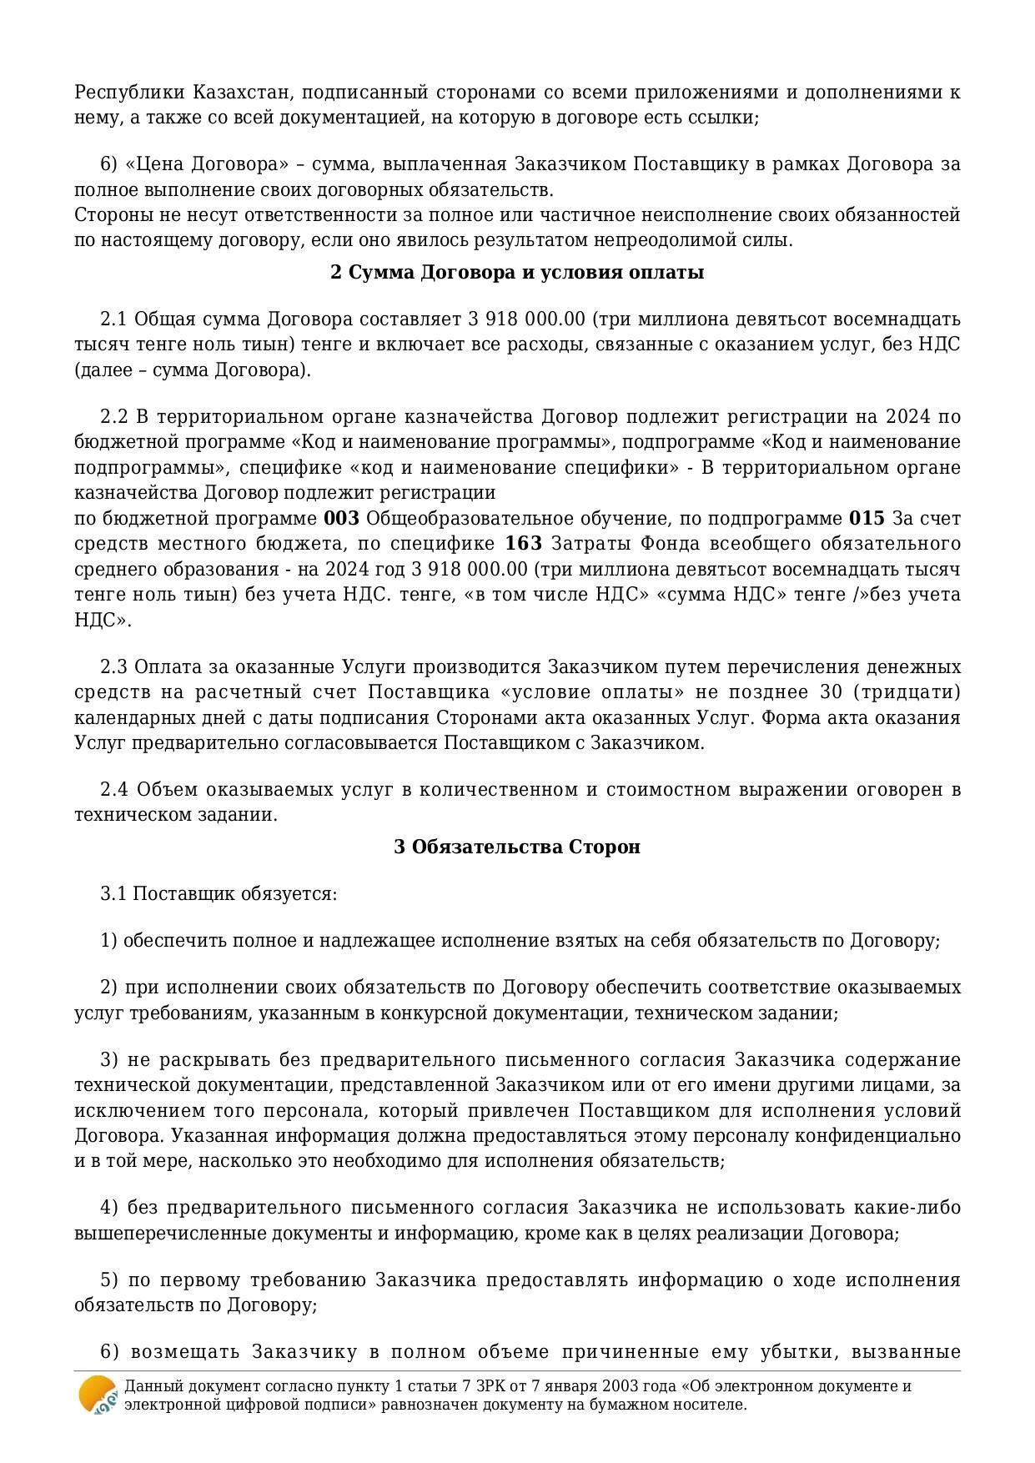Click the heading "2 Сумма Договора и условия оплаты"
[517, 273]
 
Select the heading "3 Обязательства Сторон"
[517, 847]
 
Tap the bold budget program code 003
[342, 519]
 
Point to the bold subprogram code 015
[867, 519]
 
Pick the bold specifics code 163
[524, 544]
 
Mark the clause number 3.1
[113, 894]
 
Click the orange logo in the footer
[98, 1395]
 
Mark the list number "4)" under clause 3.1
[109, 1208]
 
